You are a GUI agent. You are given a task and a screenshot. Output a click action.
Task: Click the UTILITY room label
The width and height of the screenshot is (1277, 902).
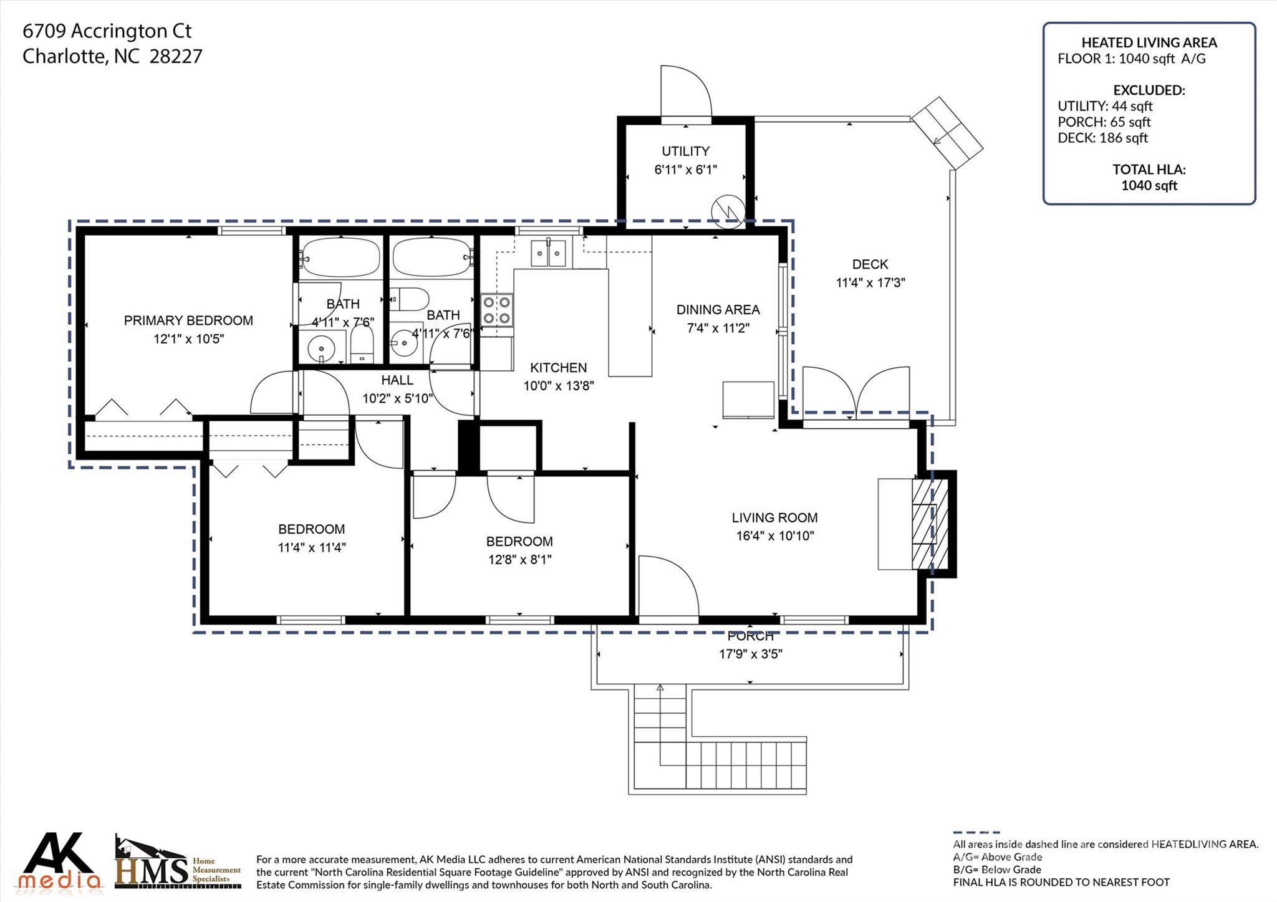click(685, 151)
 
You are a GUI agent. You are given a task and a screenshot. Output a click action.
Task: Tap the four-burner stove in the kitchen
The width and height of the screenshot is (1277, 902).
click(497, 310)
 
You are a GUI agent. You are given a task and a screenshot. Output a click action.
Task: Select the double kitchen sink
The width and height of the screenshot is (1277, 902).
click(548, 253)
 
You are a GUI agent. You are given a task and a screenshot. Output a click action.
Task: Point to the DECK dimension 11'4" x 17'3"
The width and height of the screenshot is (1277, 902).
click(870, 283)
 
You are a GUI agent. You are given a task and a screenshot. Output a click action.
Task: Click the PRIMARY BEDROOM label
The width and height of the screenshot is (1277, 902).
click(188, 320)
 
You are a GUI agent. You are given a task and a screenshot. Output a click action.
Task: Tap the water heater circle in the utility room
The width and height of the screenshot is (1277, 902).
click(728, 211)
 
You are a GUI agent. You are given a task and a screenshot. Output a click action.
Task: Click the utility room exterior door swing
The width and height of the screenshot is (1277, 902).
click(687, 91)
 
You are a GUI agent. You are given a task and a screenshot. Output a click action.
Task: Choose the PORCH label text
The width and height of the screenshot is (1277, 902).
click(750, 636)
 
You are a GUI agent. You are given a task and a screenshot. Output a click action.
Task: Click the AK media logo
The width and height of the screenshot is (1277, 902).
click(60, 861)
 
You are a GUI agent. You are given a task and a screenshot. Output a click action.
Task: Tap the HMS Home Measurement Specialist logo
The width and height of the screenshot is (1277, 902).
click(178, 864)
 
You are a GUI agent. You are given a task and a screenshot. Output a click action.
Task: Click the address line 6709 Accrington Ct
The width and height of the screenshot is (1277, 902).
click(107, 31)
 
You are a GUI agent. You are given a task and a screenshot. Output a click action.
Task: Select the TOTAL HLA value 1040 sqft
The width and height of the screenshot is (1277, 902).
click(1149, 185)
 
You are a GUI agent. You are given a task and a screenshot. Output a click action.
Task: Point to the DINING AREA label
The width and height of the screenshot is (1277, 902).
click(718, 310)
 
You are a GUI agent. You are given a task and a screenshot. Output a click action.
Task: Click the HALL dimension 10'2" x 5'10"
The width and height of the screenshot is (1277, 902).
click(397, 398)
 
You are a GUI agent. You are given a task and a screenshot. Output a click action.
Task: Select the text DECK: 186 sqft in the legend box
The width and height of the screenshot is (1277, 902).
click(1102, 138)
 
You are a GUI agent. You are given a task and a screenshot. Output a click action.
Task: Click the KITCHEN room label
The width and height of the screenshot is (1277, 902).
click(558, 368)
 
